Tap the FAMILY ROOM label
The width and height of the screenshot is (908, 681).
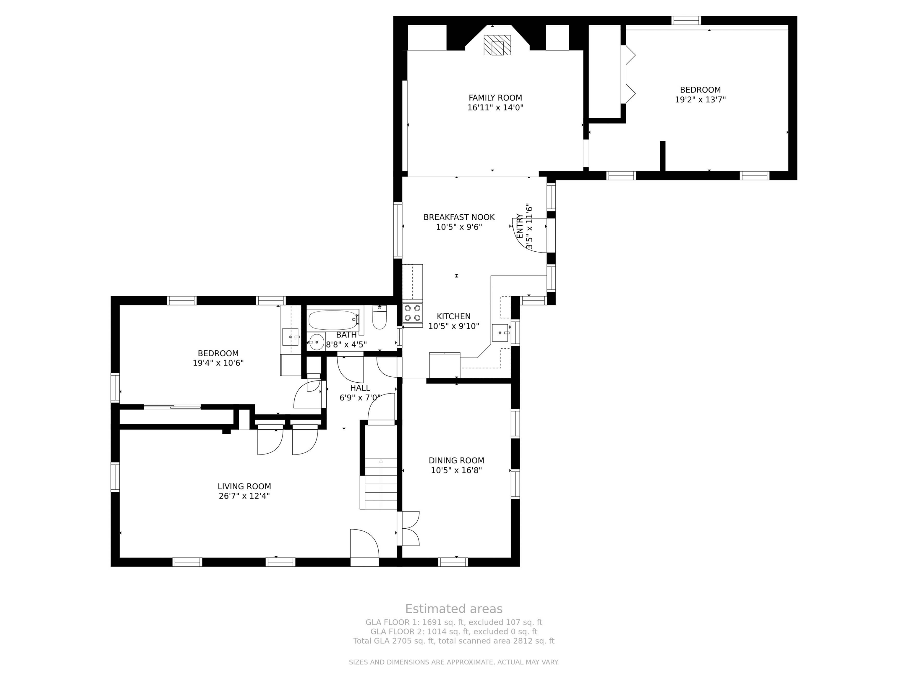(x=495, y=98)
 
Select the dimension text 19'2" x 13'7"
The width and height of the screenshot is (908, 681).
(x=700, y=99)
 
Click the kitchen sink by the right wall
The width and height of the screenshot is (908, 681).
(x=501, y=333)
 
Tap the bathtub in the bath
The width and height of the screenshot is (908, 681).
(x=334, y=320)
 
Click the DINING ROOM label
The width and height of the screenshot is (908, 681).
(x=456, y=460)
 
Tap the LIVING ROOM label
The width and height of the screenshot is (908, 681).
(x=244, y=486)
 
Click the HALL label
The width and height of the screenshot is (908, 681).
(x=360, y=388)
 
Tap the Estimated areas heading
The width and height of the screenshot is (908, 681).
(x=454, y=609)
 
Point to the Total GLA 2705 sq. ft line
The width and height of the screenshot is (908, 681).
(x=454, y=641)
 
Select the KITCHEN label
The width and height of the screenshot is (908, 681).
(x=454, y=316)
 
